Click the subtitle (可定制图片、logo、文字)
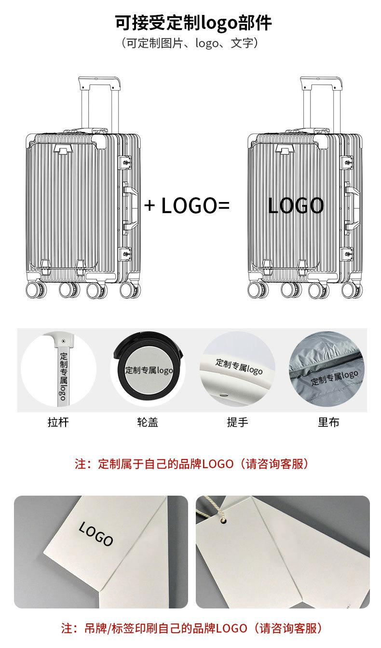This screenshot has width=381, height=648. tap(190, 43)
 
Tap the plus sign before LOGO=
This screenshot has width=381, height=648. tap(150, 206)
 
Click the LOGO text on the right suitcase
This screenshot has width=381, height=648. tap(296, 206)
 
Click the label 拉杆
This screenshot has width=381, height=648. tap(58, 422)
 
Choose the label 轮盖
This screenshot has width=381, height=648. tap(148, 422)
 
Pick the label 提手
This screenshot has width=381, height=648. tap(237, 422)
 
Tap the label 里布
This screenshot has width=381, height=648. tap(328, 422)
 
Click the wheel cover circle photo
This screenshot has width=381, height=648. tap(148, 370)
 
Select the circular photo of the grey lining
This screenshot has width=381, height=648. tap(328, 370)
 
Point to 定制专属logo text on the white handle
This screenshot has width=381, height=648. tap(239, 366)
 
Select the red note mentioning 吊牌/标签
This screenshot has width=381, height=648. tap(191, 628)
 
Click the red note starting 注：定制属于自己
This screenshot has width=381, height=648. tap(191, 464)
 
